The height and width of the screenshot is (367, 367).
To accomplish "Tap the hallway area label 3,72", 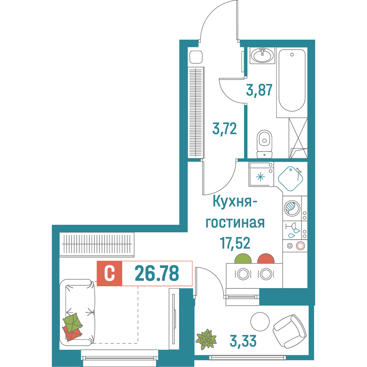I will pyautogui.click(x=224, y=129).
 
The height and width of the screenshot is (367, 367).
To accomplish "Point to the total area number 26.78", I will pyautogui.click(x=157, y=273).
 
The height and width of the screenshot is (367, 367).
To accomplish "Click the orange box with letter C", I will pyautogui.click(x=109, y=273).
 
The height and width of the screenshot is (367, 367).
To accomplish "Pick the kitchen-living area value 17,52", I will pyautogui.click(x=235, y=243).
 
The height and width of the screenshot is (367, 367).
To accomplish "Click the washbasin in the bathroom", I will pyautogui.click(x=262, y=56).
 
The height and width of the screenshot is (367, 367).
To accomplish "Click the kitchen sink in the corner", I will pyautogui.click(x=290, y=179).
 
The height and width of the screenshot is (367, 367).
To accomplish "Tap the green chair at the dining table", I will pyautogui.click(x=243, y=259).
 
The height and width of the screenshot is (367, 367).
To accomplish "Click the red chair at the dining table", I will pyautogui.click(x=266, y=259).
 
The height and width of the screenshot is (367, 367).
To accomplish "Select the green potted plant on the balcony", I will pyautogui.click(x=206, y=338).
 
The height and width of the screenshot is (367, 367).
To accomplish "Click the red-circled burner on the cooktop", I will pyautogui.click(x=301, y=246).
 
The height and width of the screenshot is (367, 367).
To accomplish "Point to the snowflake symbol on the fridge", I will pyautogui.click(x=260, y=177).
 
